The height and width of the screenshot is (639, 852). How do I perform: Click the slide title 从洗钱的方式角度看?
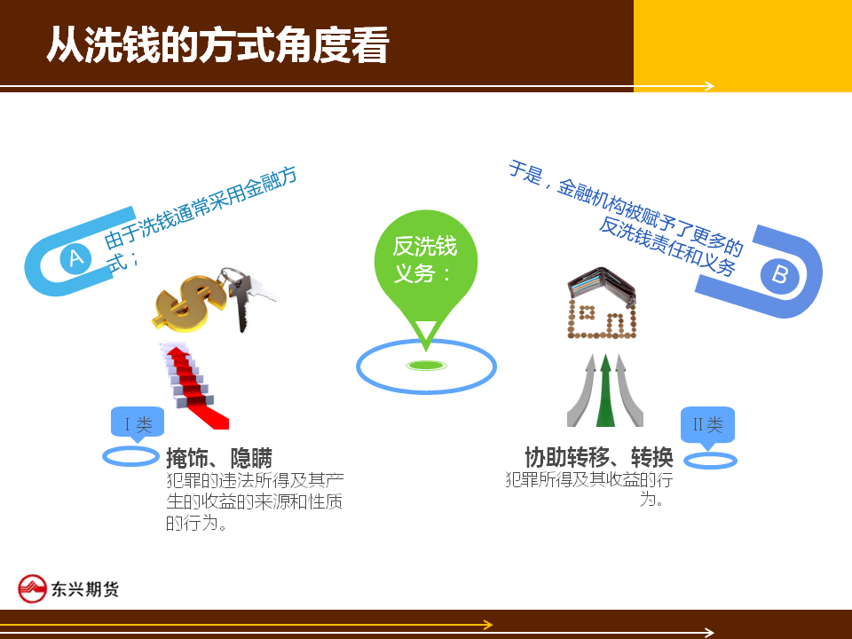click(217, 44)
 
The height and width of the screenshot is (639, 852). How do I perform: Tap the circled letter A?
click(75, 257)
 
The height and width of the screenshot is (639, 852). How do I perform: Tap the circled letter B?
click(780, 273)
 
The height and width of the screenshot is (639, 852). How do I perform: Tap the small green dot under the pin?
click(426, 366)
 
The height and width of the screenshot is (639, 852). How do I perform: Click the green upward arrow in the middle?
click(605, 390)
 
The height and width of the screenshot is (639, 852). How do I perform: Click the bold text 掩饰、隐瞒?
click(219, 458)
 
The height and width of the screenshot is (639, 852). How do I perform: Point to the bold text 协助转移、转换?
click(599, 457)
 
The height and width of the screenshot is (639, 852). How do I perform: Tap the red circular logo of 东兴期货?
click(32, 588)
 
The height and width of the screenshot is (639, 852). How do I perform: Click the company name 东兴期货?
click(85, 589)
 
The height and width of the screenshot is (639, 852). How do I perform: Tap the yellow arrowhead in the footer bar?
click(488, 625)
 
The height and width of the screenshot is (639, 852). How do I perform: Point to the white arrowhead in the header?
click(708, 86)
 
